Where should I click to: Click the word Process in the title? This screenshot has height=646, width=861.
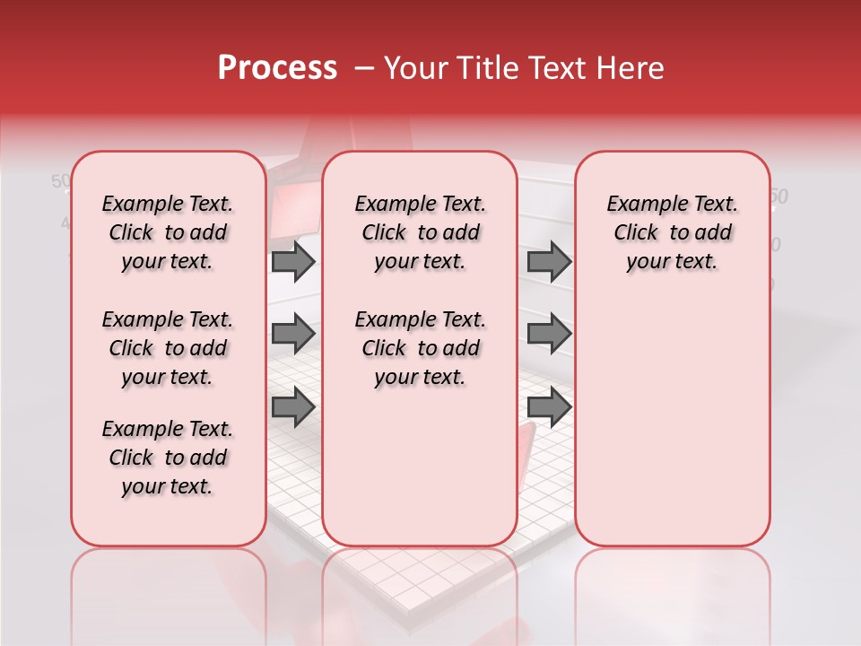click(277, 68)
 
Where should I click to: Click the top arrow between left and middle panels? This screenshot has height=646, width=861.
click(293, 261)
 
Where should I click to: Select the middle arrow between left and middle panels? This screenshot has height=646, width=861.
click(293, 334)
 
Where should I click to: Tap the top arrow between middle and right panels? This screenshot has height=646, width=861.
click(549, 261)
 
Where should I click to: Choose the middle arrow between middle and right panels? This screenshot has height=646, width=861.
click(549, 334)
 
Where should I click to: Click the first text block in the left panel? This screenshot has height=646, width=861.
click(168, 232)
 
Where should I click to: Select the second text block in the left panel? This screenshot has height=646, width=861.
click(168, 348)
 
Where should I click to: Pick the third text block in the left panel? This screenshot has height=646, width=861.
click(168, 458)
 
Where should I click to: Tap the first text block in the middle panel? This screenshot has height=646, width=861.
click(421, 232)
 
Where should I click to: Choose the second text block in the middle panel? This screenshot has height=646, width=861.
click(421, 348)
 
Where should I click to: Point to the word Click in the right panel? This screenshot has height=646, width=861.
click(636, 233)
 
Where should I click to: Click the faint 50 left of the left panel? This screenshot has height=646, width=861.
click(60, 181)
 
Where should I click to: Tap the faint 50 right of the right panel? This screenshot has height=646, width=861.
click(778, 196)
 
